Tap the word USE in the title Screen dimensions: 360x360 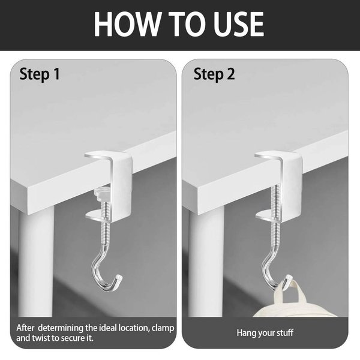click(239, 24)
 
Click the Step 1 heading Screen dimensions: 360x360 click(40, 74)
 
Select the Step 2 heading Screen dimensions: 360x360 click(214, 74)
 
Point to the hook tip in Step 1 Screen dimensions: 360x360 click(119, 278)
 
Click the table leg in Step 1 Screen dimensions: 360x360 click(36, 262)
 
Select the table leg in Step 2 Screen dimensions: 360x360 click(206, 262)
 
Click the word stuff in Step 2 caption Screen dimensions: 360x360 click(285, 332)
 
